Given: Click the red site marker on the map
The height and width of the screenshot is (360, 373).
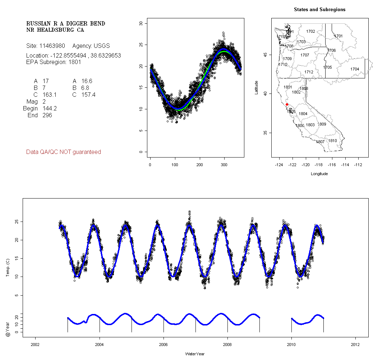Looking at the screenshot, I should click(x=287, y=104).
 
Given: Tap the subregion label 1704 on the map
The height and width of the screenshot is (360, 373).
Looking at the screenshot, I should click(x=355, y=69).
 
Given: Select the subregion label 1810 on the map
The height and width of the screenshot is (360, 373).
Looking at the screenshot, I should click(x=332, y=141).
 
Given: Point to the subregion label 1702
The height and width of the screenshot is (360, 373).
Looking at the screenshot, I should click(x=310, y=32).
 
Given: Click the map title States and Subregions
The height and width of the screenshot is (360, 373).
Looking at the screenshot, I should click(x=319, y=10).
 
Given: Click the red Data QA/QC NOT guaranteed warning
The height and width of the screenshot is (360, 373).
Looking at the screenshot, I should click(x=64, y=152).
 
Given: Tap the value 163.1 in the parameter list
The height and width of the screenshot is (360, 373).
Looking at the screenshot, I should click(x=49, y=95).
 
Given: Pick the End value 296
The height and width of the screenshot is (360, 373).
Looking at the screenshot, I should click(x=47, y=115).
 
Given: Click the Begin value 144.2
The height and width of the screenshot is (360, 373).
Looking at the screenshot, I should click(x=49, y=109).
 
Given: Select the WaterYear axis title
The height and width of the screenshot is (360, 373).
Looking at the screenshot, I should click(x=195, y=354).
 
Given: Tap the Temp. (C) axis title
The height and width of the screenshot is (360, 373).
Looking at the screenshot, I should click(x=8, y=266).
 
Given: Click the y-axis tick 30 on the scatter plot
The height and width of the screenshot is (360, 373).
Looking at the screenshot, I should click(x=141, y=23).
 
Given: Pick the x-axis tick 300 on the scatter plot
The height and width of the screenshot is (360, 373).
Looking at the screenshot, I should click(x=224, y=165).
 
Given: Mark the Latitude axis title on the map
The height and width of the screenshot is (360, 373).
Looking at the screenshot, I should click(x=257, y=87).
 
